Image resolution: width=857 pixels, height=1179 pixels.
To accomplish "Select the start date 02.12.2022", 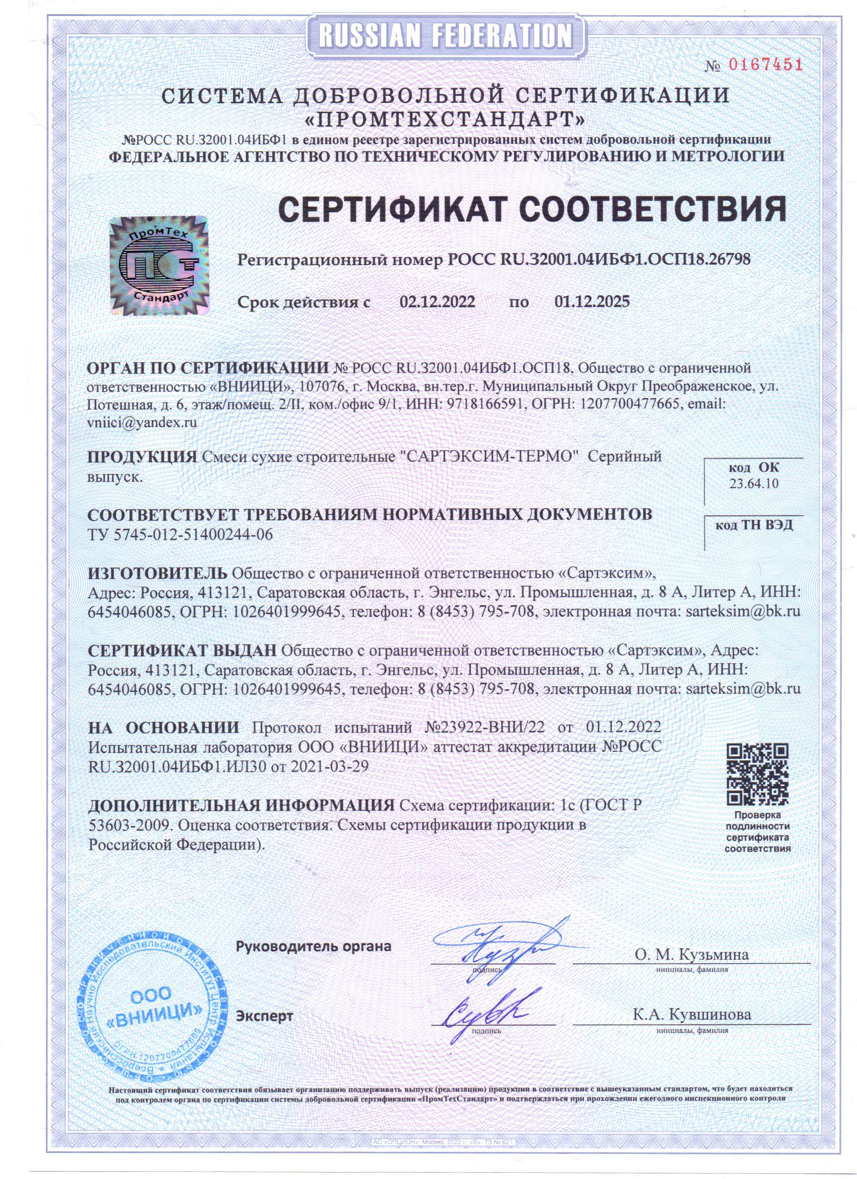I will tap(437, 301).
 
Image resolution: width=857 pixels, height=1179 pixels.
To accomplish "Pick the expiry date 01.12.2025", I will tap(592, 301).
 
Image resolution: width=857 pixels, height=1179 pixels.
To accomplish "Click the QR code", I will tap(757, 774).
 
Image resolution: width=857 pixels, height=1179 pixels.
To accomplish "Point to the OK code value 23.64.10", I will tap(754, 484).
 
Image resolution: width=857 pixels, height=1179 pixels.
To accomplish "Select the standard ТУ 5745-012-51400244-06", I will tap(180, 535).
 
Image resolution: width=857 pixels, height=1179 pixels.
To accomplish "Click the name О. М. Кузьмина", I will tap(691, 954).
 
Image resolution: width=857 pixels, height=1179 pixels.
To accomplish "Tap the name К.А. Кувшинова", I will tap(692, 1014).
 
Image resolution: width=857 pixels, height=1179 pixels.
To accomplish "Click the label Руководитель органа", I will tap(313, 946).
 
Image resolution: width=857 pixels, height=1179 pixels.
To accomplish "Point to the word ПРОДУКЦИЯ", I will tap(142, 457).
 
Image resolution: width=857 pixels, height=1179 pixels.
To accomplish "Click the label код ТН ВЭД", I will tap(754, 525).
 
